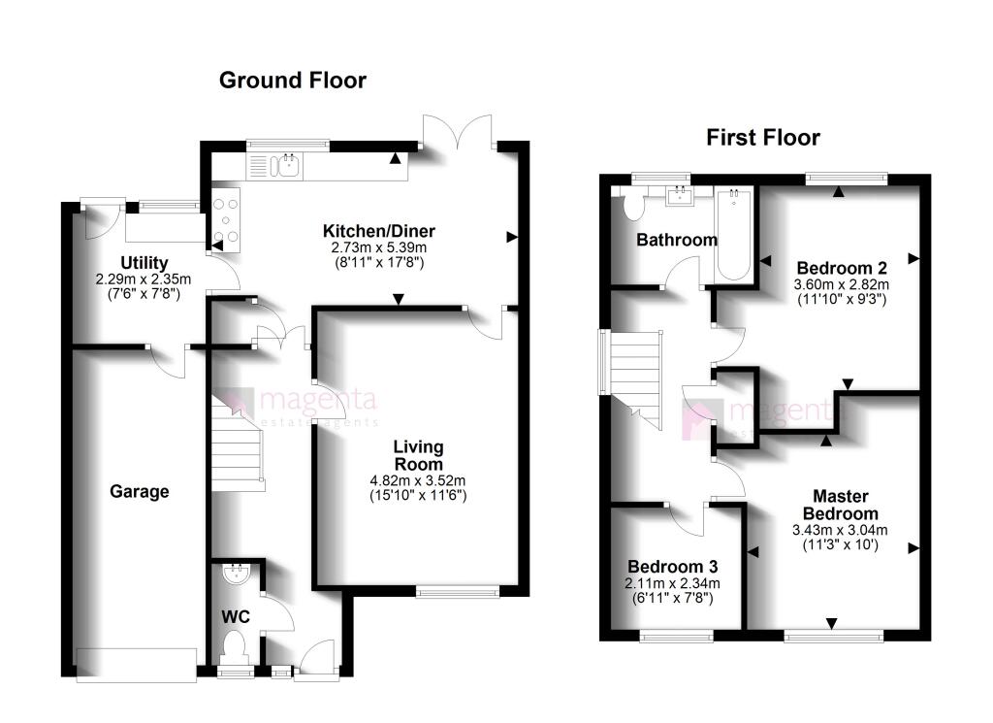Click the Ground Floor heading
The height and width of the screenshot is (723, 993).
pos(292,80)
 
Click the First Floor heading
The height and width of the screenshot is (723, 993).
pos(762,138)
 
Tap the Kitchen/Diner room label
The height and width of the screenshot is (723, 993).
pos(379,232)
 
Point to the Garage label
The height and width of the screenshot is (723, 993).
pos(139,492)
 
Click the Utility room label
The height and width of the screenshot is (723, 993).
pos(144,263)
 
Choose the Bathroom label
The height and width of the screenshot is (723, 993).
pos(676,240)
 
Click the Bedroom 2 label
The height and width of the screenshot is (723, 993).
pos(842,268)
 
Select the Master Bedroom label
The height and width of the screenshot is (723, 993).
pos(840,506)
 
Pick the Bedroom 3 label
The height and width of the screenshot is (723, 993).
pos(672,567)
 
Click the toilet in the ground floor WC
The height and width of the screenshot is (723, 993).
pos(235,645)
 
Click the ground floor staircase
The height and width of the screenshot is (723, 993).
pos(236,447)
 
